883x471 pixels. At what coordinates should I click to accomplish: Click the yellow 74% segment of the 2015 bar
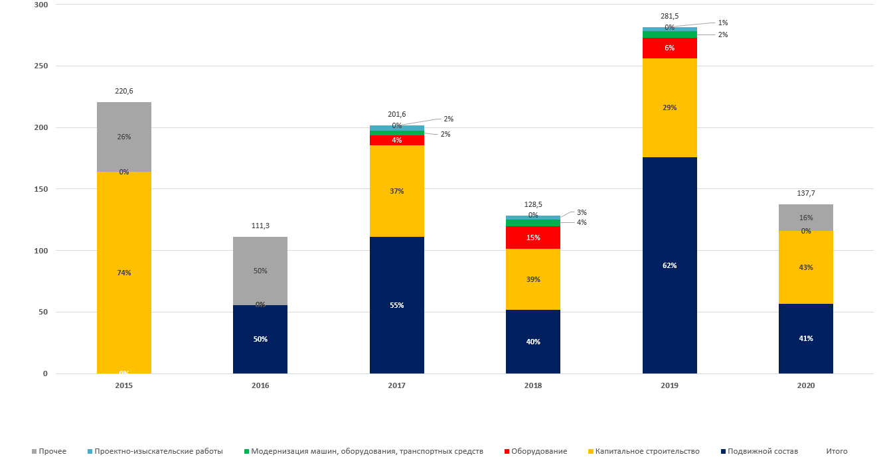[x=124, y=273]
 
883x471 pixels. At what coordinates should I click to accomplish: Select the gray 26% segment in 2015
[x=124, y=137]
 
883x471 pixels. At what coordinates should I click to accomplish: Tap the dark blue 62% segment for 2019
[x=669, y=265]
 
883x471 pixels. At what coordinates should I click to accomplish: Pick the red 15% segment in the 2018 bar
[x=533, y=237]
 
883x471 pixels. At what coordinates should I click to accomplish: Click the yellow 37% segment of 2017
[x=397, y=191]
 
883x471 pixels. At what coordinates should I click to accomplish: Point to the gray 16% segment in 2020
[x=806, y=218]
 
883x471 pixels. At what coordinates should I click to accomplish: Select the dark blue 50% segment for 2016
[x=260, y=339]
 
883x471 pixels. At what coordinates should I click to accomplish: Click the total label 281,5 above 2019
[x=669, y=16]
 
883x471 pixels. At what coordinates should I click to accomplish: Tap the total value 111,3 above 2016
[x=260, y=226]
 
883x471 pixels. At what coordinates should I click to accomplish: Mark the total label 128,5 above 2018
[x=533, y=205]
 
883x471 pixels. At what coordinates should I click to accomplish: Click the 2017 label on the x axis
[x=397, y=385]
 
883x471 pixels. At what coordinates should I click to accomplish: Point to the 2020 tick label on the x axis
[x=806, y=385]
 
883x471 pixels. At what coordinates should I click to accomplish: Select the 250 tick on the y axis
[x=40, y=66]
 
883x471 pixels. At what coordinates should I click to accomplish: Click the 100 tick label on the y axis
[x=40, y=251]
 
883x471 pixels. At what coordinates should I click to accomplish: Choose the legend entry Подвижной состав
[x=762, y=451]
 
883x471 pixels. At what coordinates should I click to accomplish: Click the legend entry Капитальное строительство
[x=647, y=451]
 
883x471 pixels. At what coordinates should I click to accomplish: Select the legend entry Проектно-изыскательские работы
[x=158, y=451]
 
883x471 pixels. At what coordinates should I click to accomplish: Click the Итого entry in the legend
[x=837, y=451]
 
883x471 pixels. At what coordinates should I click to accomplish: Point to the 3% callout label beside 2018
[x=582, y=212]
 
